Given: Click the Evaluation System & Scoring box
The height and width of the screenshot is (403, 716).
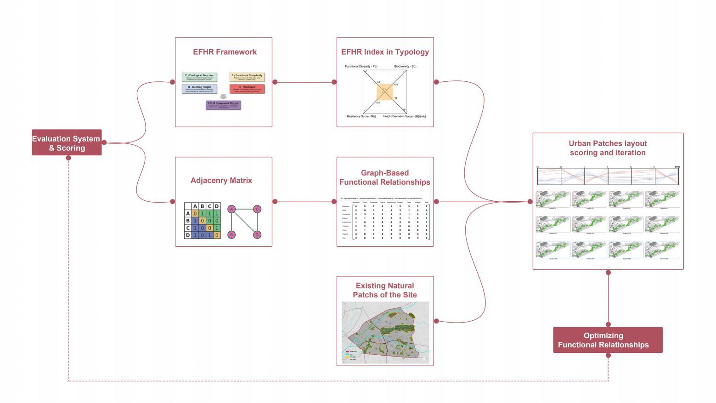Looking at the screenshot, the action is tap(67, 143).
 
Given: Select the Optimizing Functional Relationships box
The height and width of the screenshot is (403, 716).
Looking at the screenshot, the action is tap(607, 340).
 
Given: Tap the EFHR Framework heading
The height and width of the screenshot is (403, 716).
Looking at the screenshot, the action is tap(225, 52).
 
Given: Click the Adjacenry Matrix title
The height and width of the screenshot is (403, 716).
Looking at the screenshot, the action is tap(221, 181).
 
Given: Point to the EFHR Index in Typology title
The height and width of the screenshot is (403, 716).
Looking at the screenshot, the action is tap(385, 52).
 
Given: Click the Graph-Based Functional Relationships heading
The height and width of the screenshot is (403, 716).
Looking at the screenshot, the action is tap(385, 177).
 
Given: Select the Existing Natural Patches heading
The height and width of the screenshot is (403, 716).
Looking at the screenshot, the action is tap(385, 290).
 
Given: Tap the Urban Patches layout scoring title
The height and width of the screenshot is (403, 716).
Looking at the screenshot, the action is tap(608, 148).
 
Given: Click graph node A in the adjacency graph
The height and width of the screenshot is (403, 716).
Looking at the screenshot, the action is tap(232, 210).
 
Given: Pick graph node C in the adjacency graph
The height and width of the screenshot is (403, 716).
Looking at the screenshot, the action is tap(257, 210).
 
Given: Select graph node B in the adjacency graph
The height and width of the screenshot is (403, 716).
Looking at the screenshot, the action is tap(232, 235).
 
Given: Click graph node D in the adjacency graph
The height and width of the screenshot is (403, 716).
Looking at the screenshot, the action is tap(257, 235).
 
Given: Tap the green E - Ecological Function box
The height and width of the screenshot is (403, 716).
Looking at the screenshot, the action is tap(199, 77).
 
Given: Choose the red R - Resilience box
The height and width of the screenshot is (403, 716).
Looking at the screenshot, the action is tap(247, 89).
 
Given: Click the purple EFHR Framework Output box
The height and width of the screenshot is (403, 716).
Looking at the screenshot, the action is tap(223, 105).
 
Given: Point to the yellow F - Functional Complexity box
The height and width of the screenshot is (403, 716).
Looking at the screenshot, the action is tap(247, 77).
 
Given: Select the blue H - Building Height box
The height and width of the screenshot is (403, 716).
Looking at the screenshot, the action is tap(199, 89).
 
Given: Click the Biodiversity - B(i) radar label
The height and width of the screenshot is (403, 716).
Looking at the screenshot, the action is tap(405, 67).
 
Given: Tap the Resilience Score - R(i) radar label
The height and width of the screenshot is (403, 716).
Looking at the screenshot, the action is tap(361, 117).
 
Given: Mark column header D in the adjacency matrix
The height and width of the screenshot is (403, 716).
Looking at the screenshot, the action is tap(217, 206).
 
